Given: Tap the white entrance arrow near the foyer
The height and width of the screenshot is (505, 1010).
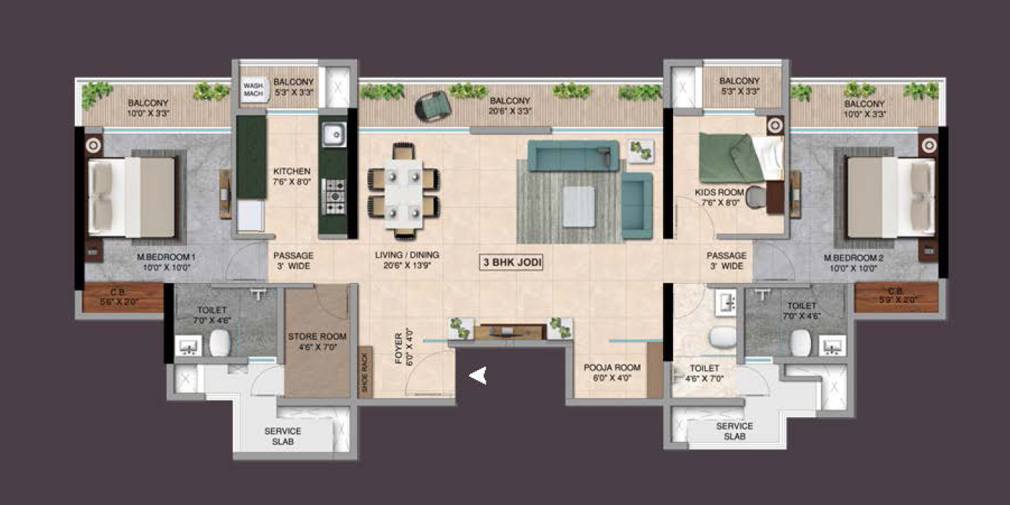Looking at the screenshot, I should pos(478,375).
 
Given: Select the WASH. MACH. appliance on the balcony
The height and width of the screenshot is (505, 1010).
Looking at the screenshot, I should pos(254,92).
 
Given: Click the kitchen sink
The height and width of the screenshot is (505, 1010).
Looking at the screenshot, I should pos(333,134).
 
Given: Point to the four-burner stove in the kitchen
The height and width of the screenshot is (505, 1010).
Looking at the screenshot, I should pos(333,195).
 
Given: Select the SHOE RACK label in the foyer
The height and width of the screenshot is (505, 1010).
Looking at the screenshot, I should pos(365,373).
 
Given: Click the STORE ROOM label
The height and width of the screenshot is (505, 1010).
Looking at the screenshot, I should pos(317,341).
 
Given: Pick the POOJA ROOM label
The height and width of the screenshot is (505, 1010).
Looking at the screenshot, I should pos(612,372).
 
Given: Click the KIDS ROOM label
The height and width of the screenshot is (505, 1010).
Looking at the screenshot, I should pos(719,198).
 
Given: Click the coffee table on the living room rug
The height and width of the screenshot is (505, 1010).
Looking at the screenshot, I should pos(579,206).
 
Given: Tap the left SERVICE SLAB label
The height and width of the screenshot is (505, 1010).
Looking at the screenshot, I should pos(282,436).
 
